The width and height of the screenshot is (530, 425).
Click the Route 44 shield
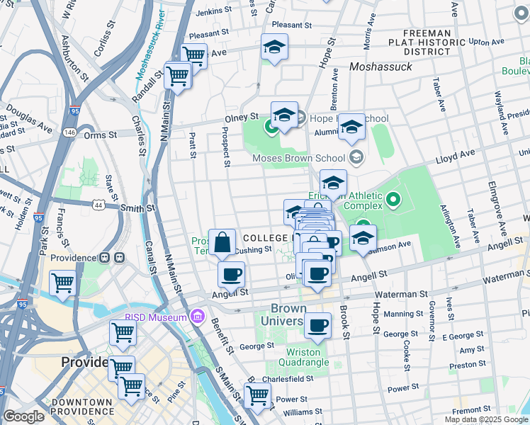click(96, 204)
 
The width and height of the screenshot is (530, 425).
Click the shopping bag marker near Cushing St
click(222, 242)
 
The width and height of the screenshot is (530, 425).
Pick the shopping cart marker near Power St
click(257, 395)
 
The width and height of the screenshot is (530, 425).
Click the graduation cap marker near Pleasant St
click(274, 47)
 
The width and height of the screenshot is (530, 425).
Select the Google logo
click(23, 416)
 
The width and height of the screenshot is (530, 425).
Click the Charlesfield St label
click(288, 379)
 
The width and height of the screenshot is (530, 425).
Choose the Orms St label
click(100, 135)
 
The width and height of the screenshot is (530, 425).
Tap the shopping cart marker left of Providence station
click(62, 283)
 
